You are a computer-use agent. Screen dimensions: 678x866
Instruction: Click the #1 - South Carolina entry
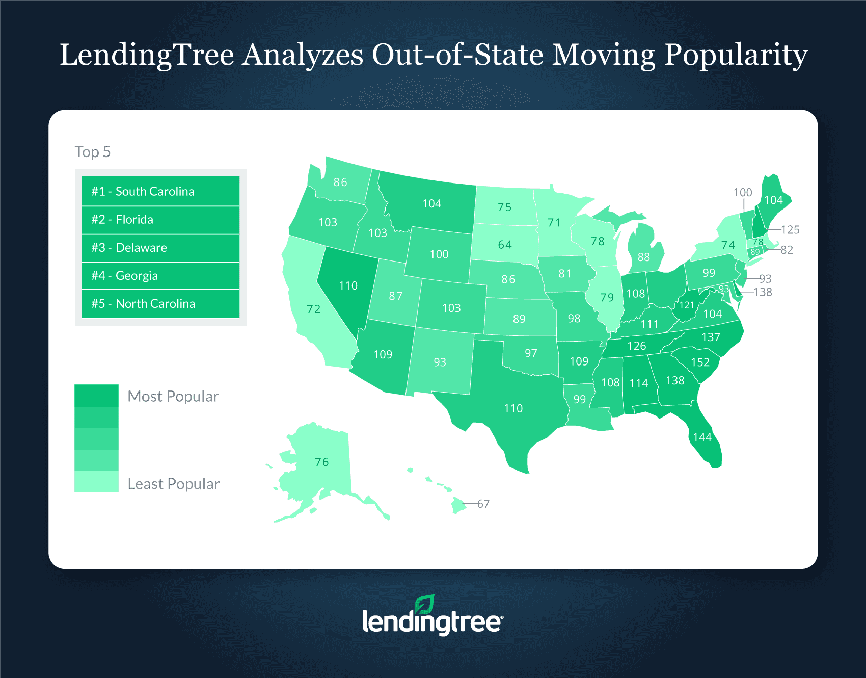160,191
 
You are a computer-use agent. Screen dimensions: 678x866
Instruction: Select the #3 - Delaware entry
160,248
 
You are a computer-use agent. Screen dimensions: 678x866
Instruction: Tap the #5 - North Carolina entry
160,304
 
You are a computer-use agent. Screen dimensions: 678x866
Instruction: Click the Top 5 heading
93,152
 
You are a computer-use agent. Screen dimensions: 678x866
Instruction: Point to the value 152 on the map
700,362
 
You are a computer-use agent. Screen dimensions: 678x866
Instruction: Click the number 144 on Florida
702,437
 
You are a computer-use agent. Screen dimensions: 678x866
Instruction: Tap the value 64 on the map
505,245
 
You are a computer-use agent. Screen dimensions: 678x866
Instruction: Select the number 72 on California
314,309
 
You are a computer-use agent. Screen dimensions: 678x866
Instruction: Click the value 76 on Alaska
321,462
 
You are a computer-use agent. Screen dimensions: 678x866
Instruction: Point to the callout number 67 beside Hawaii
483,504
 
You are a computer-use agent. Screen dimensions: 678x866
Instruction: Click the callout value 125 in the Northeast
790,229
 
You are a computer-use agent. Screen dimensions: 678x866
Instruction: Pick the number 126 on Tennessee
637,346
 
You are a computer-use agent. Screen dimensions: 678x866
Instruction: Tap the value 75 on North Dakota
504,207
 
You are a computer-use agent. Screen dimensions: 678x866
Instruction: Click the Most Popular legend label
173,396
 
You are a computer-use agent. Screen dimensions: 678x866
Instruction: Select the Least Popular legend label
174,484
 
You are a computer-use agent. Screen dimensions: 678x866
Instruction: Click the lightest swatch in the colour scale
96,481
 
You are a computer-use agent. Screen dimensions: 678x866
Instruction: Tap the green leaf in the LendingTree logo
424,604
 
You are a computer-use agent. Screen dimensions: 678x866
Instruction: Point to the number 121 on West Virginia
686,305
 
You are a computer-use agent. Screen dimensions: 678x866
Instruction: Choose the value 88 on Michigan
644,257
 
